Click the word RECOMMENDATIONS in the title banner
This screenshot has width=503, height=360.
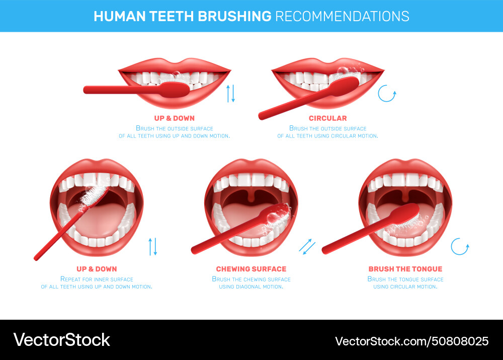(x=342, y=16)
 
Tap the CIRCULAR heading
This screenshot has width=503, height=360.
(x=327, y=118)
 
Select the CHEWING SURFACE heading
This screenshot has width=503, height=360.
(x=251, y=269)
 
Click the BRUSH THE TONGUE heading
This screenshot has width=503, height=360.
(x=405, y=269)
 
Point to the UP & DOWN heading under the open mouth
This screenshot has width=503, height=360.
(x=96, y=269)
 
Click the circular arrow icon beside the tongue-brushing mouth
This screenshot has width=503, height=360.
(x=460, y=247)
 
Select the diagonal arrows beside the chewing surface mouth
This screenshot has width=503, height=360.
(x=307, y=246)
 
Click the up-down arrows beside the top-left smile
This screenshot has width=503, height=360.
(x=230, y=93)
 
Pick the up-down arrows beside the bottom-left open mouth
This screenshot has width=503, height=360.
(x=153, y=246)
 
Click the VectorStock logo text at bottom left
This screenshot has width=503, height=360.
(x=61, y=340)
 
